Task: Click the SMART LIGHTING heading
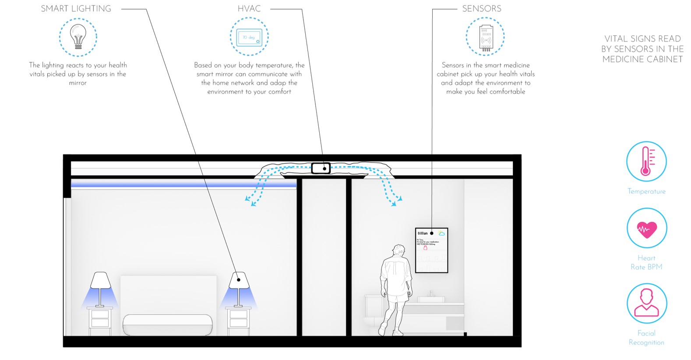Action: (x=76, y=9)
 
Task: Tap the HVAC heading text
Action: (x=249, y=9)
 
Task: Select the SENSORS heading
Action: (x=482, y=9)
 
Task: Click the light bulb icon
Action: (x=78, y=37)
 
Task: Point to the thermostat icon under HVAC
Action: (x=249, y=37)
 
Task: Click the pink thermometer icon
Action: (x=646, y=161)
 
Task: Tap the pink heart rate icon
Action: (x=646, y=229)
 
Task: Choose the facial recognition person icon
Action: (x=646, y=303)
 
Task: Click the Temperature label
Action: (x=646, y=191)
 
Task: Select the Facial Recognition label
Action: (x=646, y=338)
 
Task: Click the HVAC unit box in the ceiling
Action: (x=321, y=168)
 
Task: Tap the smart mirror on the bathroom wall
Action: (x=431, y=250)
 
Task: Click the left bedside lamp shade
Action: (x=100, y=280)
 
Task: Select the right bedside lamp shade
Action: (x=239, y=280)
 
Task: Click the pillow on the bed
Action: (x=168, y=325)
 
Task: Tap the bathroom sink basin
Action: (x=431, y=299)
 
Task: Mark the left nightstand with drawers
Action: (x=100, y=321)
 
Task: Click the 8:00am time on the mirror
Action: (x=423, y=233)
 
